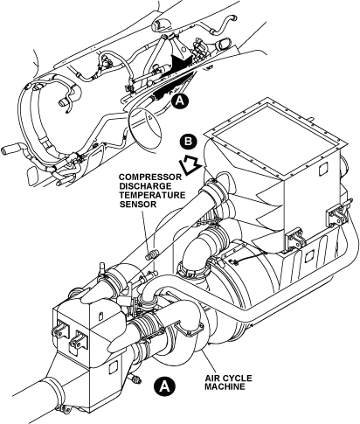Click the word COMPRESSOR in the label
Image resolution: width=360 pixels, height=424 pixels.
click(150, 177)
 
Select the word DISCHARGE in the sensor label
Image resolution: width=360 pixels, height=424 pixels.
click(146, 186)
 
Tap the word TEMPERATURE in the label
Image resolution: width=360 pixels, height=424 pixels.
click(153, 195)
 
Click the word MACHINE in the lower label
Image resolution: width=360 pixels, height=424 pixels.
click(225, 386)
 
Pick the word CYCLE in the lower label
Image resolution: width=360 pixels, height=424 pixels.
click(236, 379)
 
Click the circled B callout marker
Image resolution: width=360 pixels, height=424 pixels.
click(189, 142)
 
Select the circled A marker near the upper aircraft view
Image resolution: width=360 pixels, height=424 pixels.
click(180, 101)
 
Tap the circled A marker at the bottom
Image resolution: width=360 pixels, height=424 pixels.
click(165, 386)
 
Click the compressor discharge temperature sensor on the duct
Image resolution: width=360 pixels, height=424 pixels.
click(151, 254)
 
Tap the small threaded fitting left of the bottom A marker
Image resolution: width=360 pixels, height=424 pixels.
click(136, 379)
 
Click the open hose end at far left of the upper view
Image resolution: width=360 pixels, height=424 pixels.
click(6, 150)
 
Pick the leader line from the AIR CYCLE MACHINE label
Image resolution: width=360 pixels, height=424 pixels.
click(209, 362)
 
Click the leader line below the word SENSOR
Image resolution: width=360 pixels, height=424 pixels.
click(148, 230)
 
